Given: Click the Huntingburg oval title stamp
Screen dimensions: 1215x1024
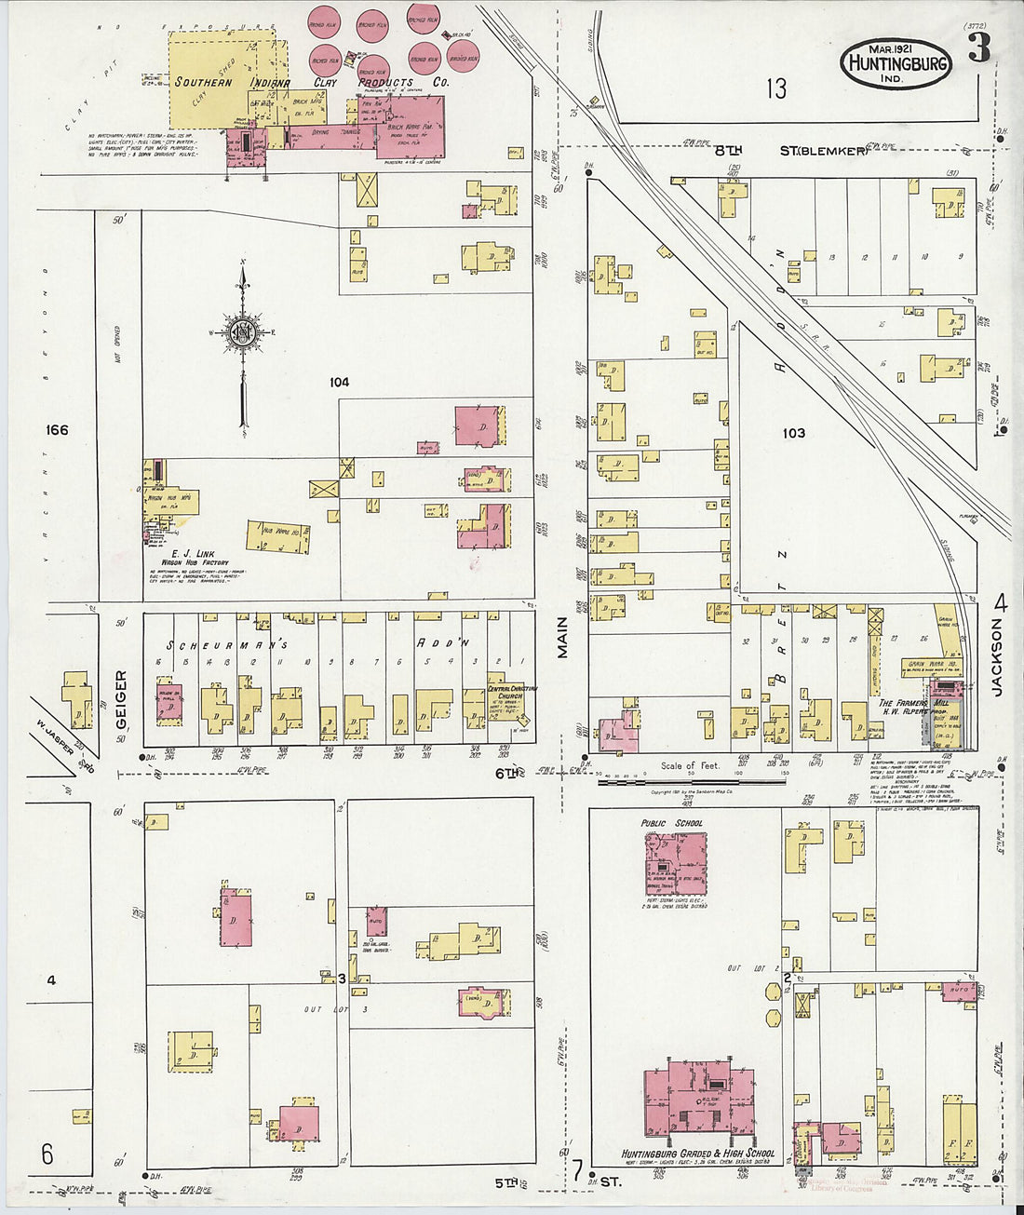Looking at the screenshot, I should pyautogui.click(x=896, y=64).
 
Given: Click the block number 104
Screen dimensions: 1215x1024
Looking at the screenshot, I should pyautogui.click(x=338, y=382).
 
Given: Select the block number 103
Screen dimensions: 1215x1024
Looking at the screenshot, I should pyautogui.click(x=793, y=433).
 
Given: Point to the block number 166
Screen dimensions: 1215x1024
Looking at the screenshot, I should pyautogui.click(x=57, y=430).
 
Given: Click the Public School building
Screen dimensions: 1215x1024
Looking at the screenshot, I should pyautogui.click(x=675, y=864).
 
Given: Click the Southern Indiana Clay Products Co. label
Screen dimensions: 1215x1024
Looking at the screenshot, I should pyautogui.click(x=312, y=82).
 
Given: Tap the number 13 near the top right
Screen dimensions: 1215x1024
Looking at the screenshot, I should pyautogui.click(x=776, y=88).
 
